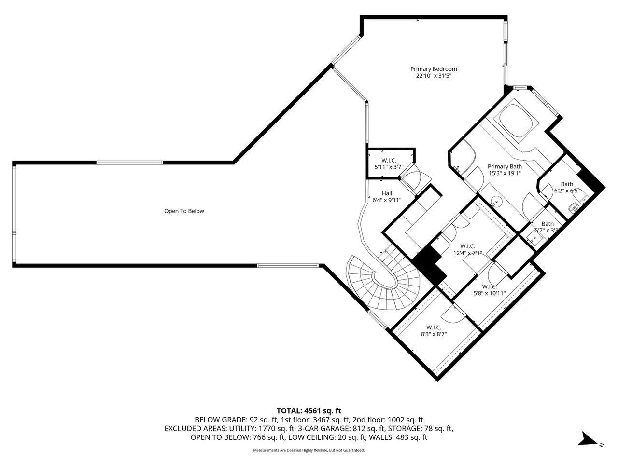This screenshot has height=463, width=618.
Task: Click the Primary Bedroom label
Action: [x=433, y=69]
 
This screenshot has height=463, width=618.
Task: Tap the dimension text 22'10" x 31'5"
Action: [x=433, y=76]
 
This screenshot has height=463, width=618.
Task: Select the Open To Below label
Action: [x=184, y=211]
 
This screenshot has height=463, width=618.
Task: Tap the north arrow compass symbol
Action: [x=590, y=440]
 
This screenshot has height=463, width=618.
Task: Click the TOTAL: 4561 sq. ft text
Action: [x=309, y=411]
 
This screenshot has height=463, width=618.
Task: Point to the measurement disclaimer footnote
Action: [x=309, y=450]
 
